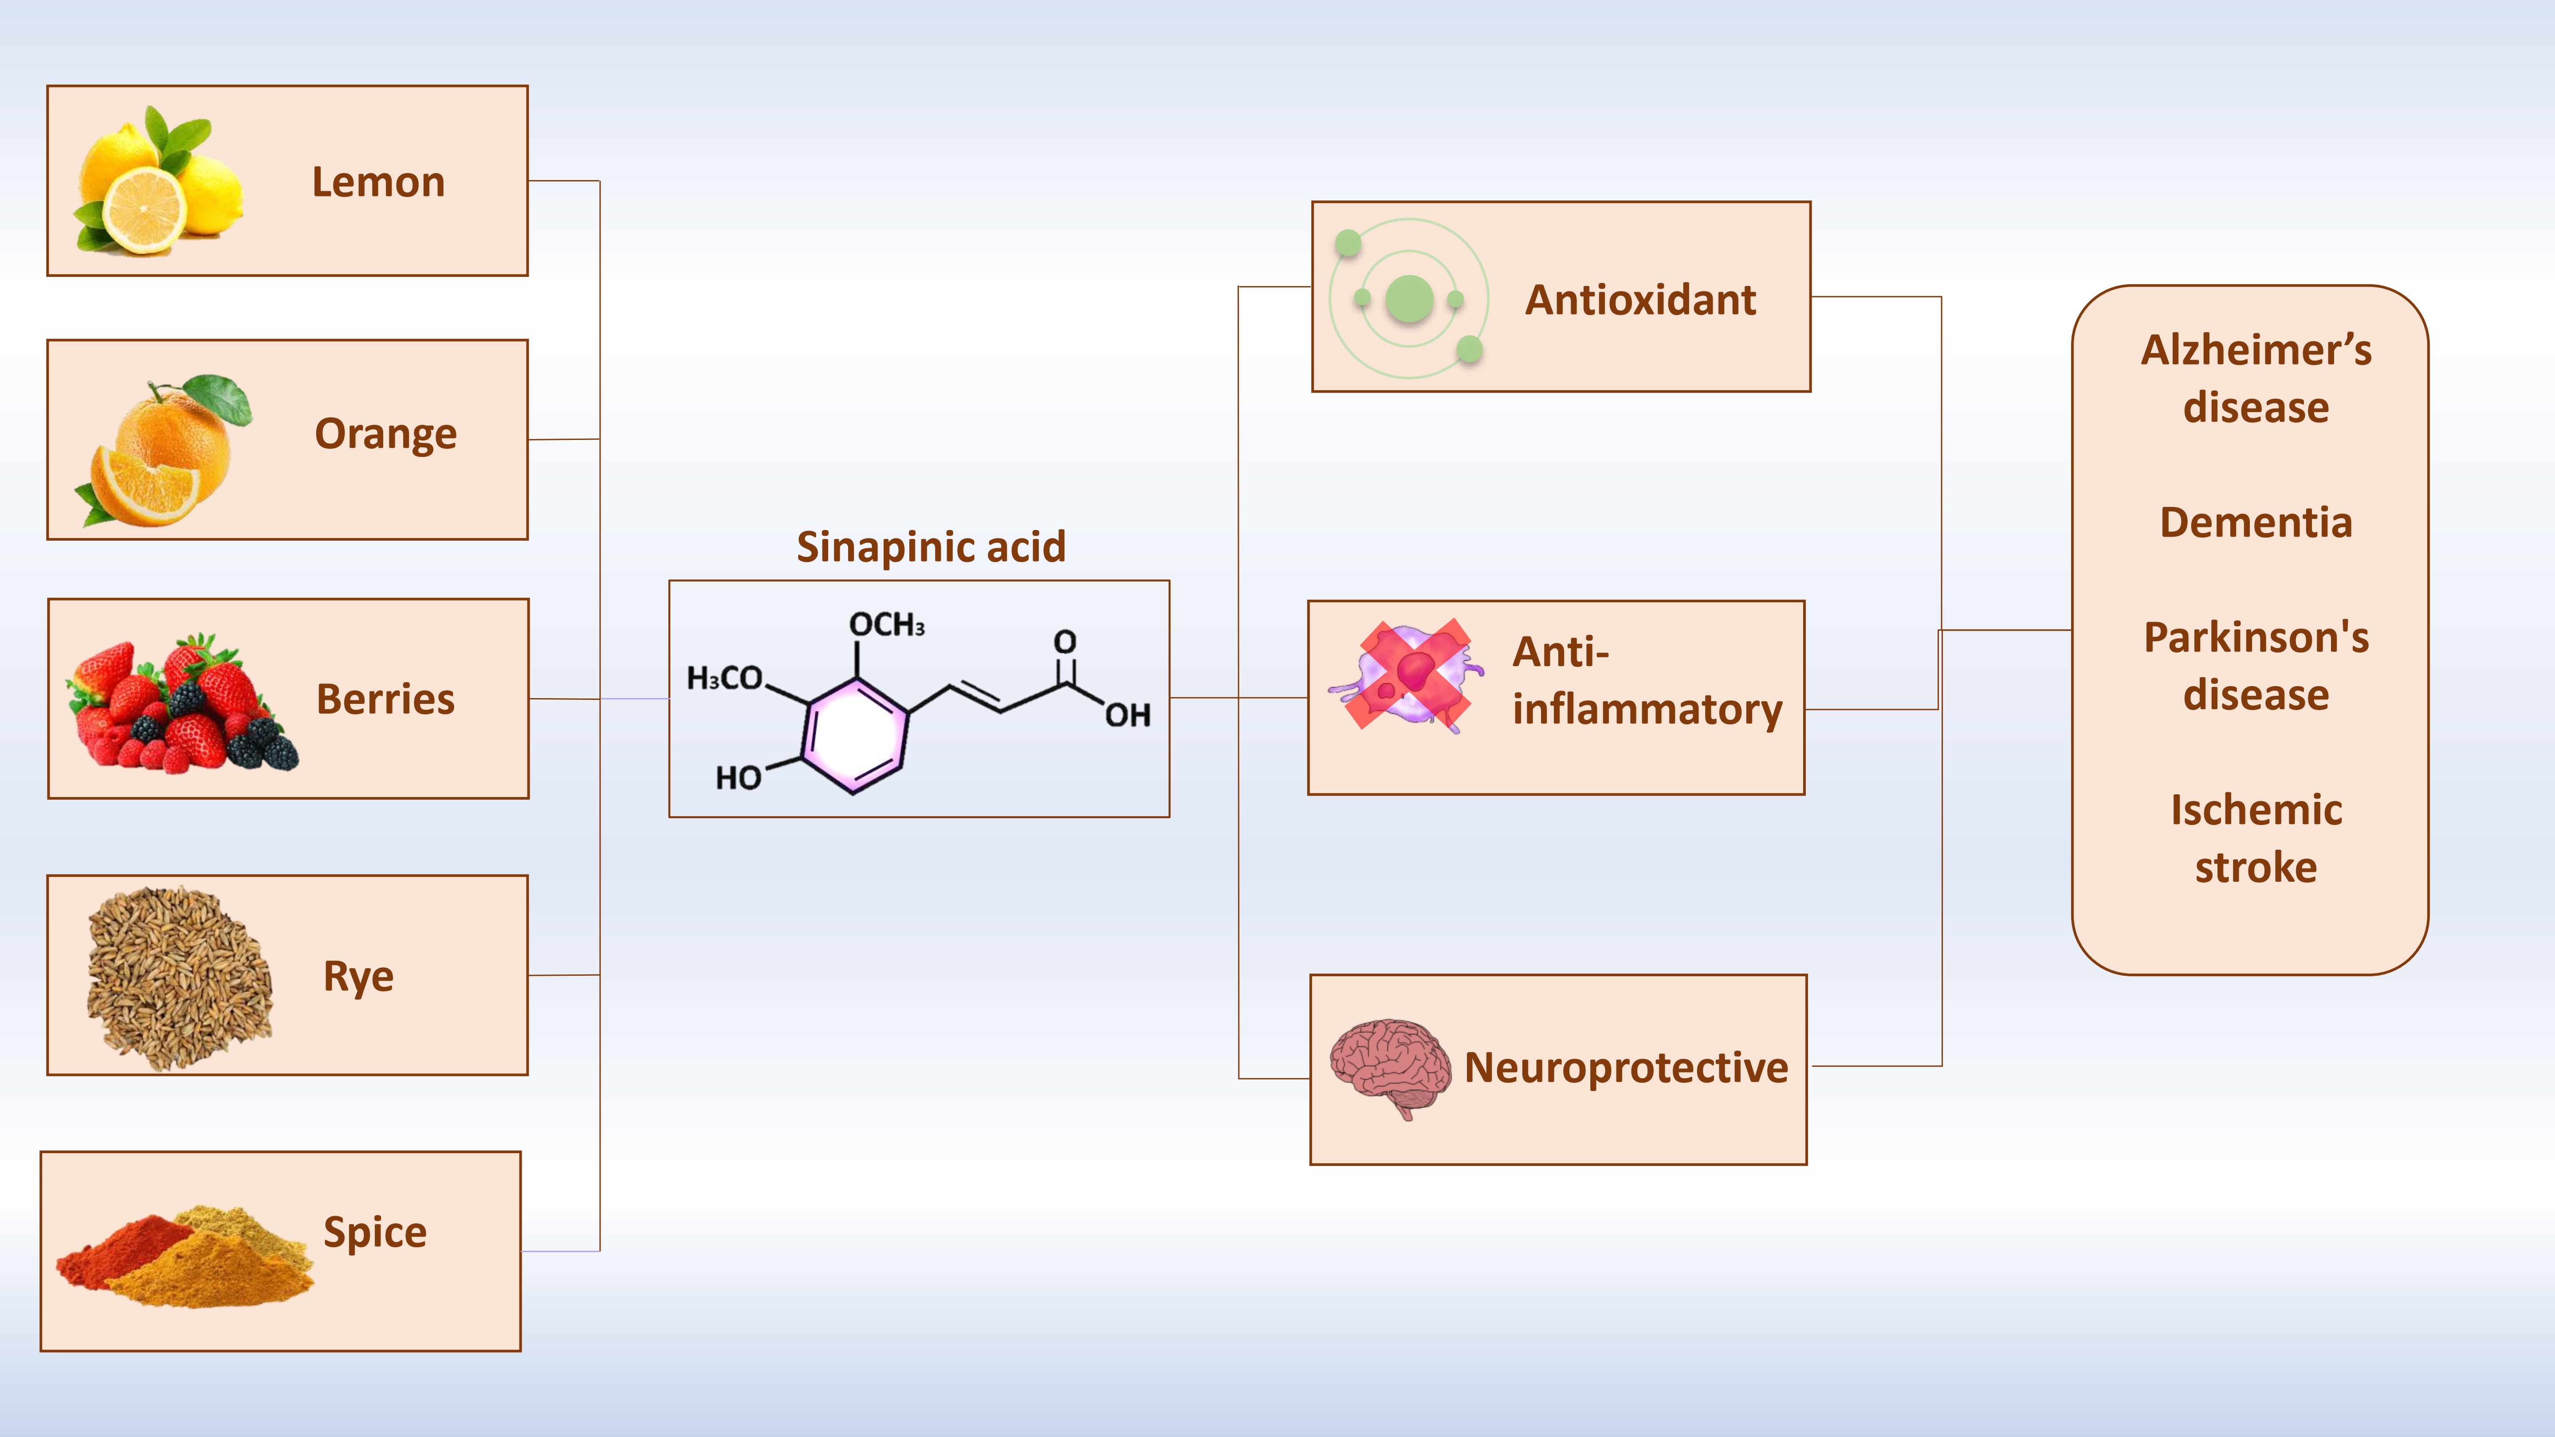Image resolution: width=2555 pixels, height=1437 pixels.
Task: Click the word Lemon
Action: click(x=378, y=182)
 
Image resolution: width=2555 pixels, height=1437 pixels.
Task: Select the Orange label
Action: click(x=386, y=434)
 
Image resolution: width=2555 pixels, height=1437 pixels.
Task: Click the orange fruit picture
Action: click(x=167, y=451)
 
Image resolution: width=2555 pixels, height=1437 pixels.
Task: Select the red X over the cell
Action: click(x=1407, y=674)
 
